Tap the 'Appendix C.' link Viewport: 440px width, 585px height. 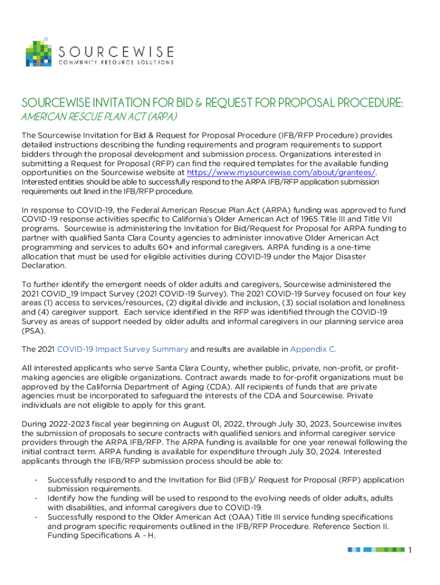[x=313, y=349]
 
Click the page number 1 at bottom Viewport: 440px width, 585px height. [x=410, y=550]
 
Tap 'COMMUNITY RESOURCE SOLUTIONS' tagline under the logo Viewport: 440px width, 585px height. [x=117, y=62]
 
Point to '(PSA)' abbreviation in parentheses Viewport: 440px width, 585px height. [x=32, y=331]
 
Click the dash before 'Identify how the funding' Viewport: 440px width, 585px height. [x=36, y=499]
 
